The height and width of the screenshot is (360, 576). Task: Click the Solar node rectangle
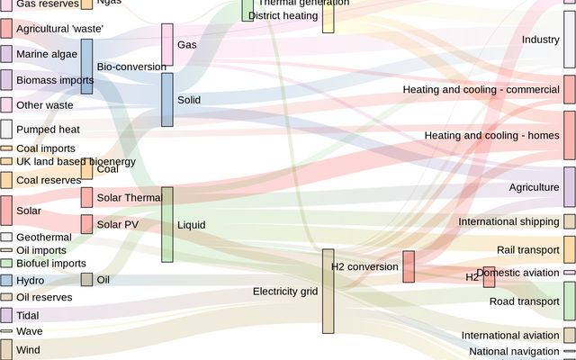click(x=6, y=210)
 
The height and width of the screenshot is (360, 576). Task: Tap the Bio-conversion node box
click(x=86, y=67)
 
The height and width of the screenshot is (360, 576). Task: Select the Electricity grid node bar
click(x=328, y=291)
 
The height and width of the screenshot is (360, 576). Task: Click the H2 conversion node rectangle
click(x=409, y=266)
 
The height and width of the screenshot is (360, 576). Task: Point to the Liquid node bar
click(x=167, y=224)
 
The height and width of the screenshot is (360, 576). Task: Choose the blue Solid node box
click(x=167, y=99)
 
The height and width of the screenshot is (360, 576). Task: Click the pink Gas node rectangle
click(x=167, y=44)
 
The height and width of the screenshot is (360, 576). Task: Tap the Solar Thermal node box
click(x=86, y=197)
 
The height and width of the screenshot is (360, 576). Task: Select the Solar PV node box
click(x=86, y=224)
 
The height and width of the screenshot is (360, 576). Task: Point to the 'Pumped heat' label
click(x=48, y=130)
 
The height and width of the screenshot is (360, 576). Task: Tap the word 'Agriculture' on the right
click(x=534, y=187)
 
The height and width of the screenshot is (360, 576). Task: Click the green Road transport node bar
click(x=569, y=301)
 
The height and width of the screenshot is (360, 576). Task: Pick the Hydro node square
click(x=6, y=281)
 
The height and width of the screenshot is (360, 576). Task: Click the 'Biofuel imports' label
click(x=51, y=264)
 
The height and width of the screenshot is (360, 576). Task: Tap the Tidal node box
click(x=6, y=315)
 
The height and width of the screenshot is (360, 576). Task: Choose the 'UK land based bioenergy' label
click(x=76, y=162)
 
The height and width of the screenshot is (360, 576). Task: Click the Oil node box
click(x=86, y=280)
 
